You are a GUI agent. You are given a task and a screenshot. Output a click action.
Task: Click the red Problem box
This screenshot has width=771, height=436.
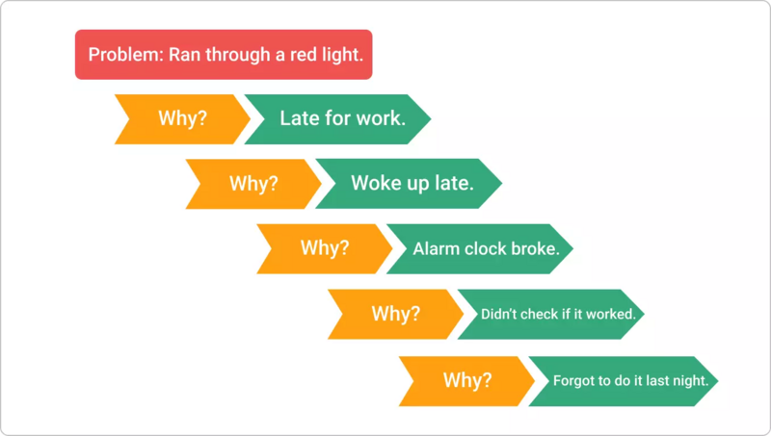point(224,55)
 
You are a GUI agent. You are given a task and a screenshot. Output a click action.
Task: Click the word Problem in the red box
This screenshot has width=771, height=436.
point(125,55)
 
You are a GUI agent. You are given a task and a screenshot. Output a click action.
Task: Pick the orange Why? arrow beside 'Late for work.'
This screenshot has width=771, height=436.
point(183,119)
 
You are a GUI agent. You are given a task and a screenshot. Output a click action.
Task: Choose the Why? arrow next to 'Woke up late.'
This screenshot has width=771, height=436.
point(254,183)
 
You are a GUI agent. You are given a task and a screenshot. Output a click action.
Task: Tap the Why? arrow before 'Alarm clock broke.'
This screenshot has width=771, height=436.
point(326,248)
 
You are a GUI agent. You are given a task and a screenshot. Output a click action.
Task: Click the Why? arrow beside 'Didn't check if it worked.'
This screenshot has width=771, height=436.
point(396,314)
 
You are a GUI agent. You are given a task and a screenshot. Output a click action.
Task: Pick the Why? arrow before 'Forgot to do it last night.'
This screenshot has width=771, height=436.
point(467,379)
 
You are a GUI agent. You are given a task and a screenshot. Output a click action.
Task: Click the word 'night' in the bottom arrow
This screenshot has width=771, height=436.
point(690,380)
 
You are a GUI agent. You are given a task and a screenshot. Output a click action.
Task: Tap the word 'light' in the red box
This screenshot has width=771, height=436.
point(343,55)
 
